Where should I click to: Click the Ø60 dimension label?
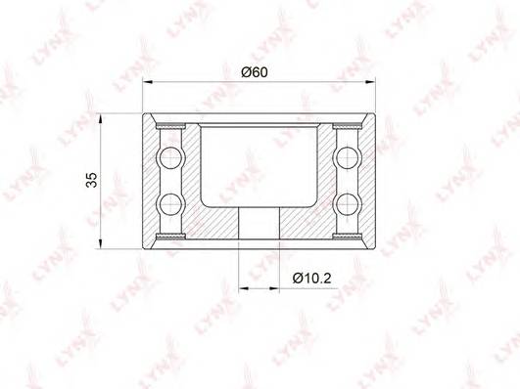[255, 72]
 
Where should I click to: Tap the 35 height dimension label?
[91, 180]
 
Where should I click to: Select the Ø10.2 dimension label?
[311, 279]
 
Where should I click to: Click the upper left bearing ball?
[171, 157]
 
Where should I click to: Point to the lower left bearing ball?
[171, 204]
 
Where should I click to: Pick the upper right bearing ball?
[348, 157]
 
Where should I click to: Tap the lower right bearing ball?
[348, 204]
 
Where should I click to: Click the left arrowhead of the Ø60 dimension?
[147, 81]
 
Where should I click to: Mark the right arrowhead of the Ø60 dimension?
[370, 81]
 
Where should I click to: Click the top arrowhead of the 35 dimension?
[101, 119]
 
